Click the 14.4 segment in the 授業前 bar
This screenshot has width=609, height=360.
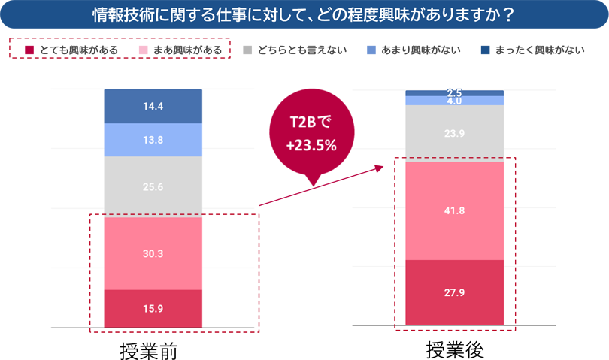pos(153,106)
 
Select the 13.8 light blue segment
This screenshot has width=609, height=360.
pos(153,140)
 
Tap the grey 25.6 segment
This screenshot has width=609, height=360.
pos(153,186)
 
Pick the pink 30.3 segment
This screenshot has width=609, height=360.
pos(153,253)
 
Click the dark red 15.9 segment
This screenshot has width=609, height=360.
pos(153,309)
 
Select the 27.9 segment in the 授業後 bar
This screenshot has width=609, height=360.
pos(454,292)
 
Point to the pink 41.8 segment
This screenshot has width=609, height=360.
pos(454,210)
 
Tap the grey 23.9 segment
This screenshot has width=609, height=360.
pos(454,133)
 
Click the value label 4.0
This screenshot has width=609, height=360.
pos(454,101)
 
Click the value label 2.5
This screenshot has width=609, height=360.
pos(454,92)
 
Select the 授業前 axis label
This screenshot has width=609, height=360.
pos(153,349)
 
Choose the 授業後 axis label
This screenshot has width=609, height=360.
pos(454,348)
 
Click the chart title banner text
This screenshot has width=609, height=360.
pos(304,14)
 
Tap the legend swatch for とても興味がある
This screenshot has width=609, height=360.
pos(29,50)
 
